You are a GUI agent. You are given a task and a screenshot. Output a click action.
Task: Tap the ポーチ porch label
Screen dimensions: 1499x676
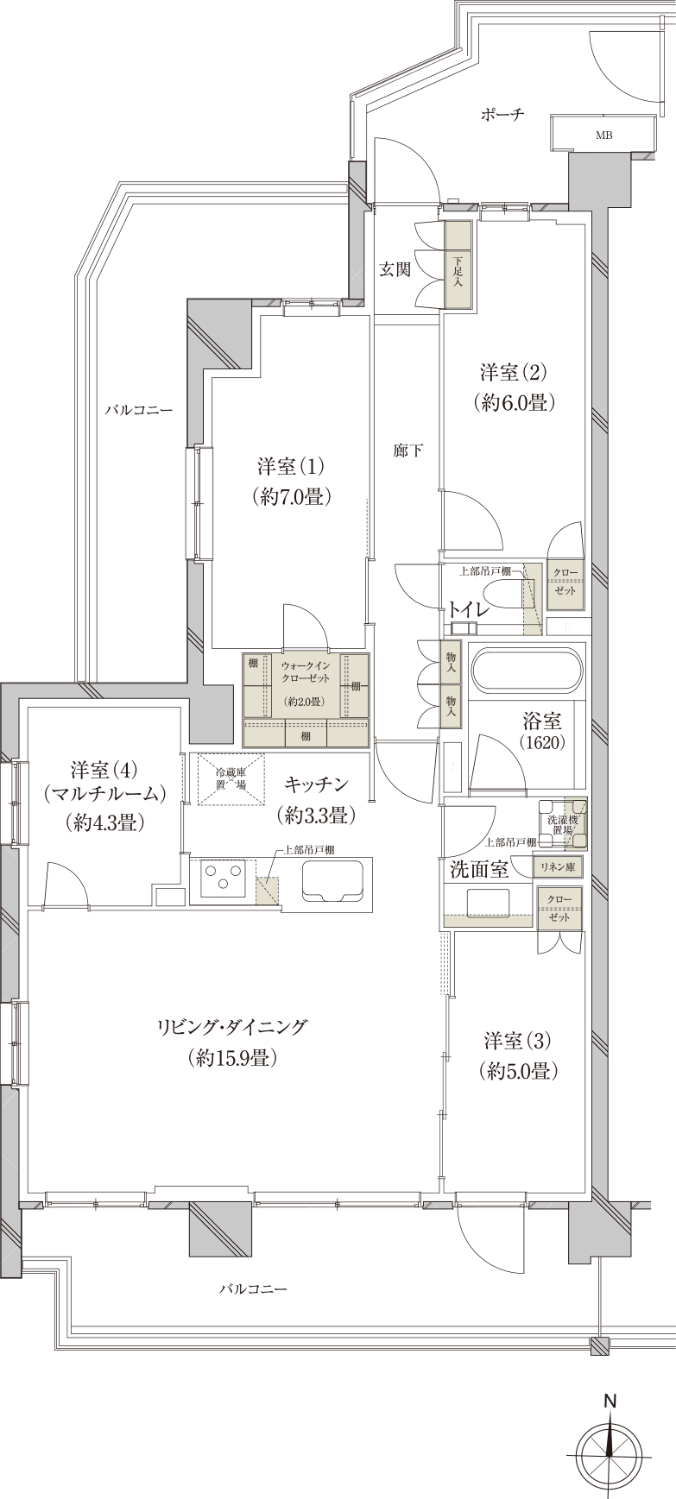(x=503, y=114)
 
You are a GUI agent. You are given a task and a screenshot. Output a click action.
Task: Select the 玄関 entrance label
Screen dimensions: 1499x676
(x=395, y=269)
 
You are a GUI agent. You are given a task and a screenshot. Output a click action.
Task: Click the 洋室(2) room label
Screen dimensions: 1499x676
(x=514, y=373)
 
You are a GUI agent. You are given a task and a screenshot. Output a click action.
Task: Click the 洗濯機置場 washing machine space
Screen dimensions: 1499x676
(x=564, y=822)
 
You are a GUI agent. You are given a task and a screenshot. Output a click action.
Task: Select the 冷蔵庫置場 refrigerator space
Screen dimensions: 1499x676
(x=231, y=779)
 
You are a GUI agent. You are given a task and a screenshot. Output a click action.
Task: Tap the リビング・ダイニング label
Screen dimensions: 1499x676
(x=231, y=1027)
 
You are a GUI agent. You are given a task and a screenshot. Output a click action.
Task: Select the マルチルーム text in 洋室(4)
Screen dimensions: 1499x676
(x=104, y=795)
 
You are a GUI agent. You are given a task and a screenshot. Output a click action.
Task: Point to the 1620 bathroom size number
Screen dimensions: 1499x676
(x=542, y=740)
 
